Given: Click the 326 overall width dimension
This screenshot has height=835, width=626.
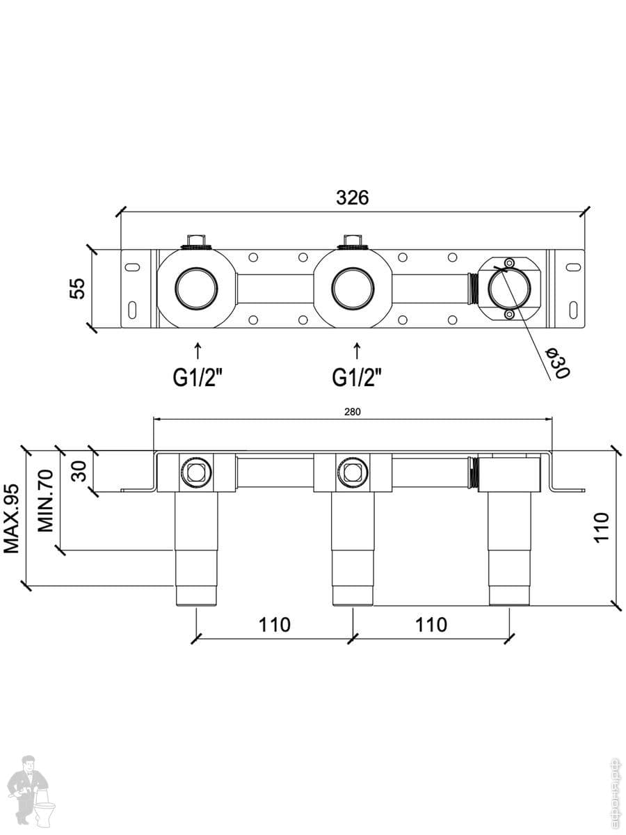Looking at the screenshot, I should (352, 198).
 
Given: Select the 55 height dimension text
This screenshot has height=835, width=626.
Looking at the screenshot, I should (78, 287).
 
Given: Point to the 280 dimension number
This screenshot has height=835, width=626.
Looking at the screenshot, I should (352, 412).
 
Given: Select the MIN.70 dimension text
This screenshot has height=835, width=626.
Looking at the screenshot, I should (46, 500).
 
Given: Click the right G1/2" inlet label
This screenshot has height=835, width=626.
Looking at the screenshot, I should (357, 378).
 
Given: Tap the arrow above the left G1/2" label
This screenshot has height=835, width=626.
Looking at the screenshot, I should (198, 349).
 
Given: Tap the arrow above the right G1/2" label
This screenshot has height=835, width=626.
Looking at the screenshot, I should (357, 349).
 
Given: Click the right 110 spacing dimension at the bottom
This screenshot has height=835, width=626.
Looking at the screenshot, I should (431, 625).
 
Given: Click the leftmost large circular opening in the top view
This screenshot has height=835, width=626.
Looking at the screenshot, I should (197, 288).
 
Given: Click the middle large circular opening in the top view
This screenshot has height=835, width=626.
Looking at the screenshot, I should (353, 288).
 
